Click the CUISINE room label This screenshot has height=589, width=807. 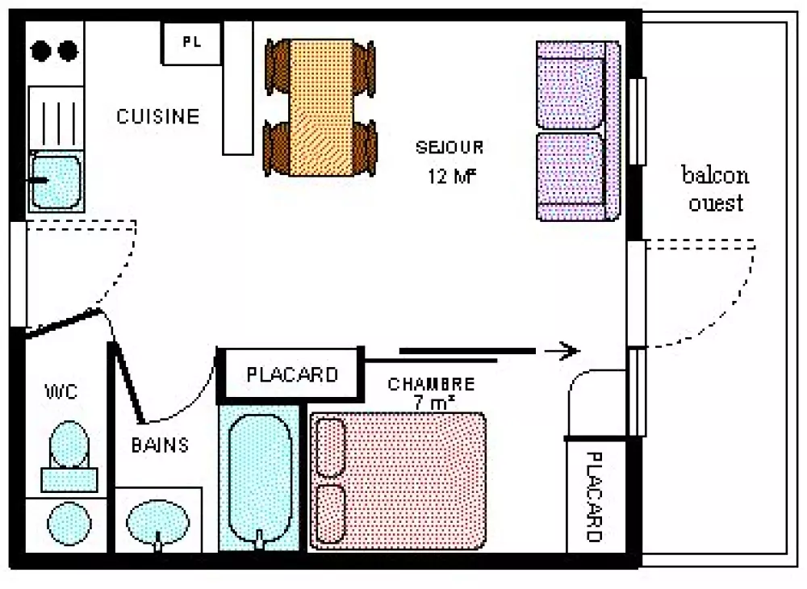point(157,116)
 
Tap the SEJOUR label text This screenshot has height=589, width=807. point(449,148)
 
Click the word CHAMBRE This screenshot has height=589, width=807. point(431,384)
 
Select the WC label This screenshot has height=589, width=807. point(61,392)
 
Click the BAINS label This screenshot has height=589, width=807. point(161,445)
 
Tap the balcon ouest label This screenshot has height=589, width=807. point(715,189)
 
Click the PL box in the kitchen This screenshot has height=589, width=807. point(191,43)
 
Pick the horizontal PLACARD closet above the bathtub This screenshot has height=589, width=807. point(291,375)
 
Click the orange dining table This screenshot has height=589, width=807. point(320,109)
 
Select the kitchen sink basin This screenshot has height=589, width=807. point(56,181)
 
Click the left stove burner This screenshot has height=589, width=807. point(42,52)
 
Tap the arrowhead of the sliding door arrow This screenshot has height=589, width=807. point(570,350)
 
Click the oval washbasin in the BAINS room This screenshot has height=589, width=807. point(158,521)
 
